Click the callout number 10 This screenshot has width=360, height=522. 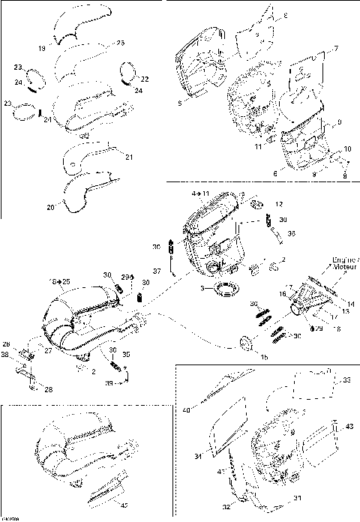click(347, 148)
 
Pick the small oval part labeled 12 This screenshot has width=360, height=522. click(256, 205)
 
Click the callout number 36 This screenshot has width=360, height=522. click(291, 233)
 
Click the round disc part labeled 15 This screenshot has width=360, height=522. click(246, 344)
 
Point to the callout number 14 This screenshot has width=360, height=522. click(331, 304)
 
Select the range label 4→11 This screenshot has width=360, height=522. click(201, 193)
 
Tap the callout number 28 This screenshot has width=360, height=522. click(49, 389)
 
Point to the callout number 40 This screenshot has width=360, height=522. click(186, 410)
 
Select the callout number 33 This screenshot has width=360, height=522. click(346, 379)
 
